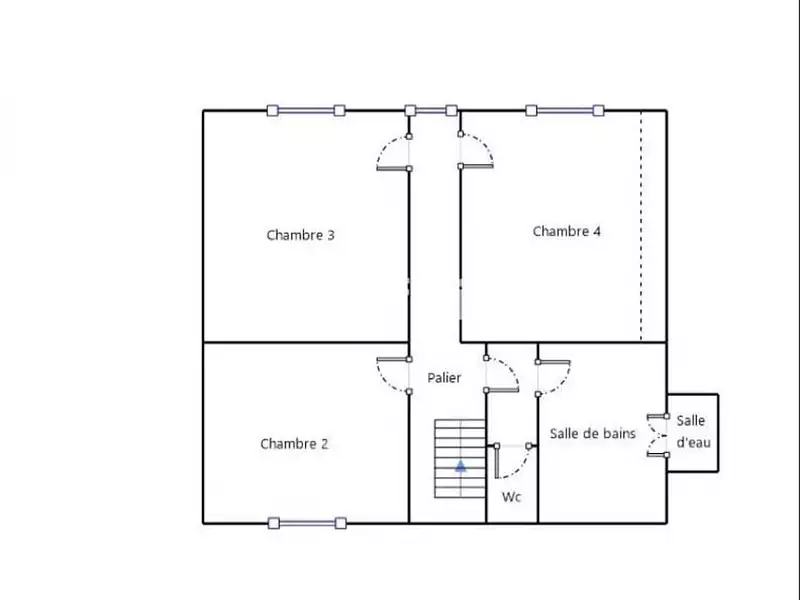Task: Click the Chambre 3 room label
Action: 301,235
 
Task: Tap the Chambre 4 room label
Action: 566,232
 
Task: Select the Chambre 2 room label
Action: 294,444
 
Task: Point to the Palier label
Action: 444,378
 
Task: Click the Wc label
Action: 511,497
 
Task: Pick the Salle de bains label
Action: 593,434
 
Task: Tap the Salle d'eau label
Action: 693,432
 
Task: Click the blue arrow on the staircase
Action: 461,465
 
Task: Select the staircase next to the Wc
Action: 460,459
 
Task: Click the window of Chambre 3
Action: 306,110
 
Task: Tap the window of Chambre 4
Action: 565,110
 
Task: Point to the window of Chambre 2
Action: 307,523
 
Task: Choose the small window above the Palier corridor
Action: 431,110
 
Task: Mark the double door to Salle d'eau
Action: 658,435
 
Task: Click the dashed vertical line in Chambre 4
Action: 641,226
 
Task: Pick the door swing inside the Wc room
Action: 512,462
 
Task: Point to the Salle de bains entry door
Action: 554,378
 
